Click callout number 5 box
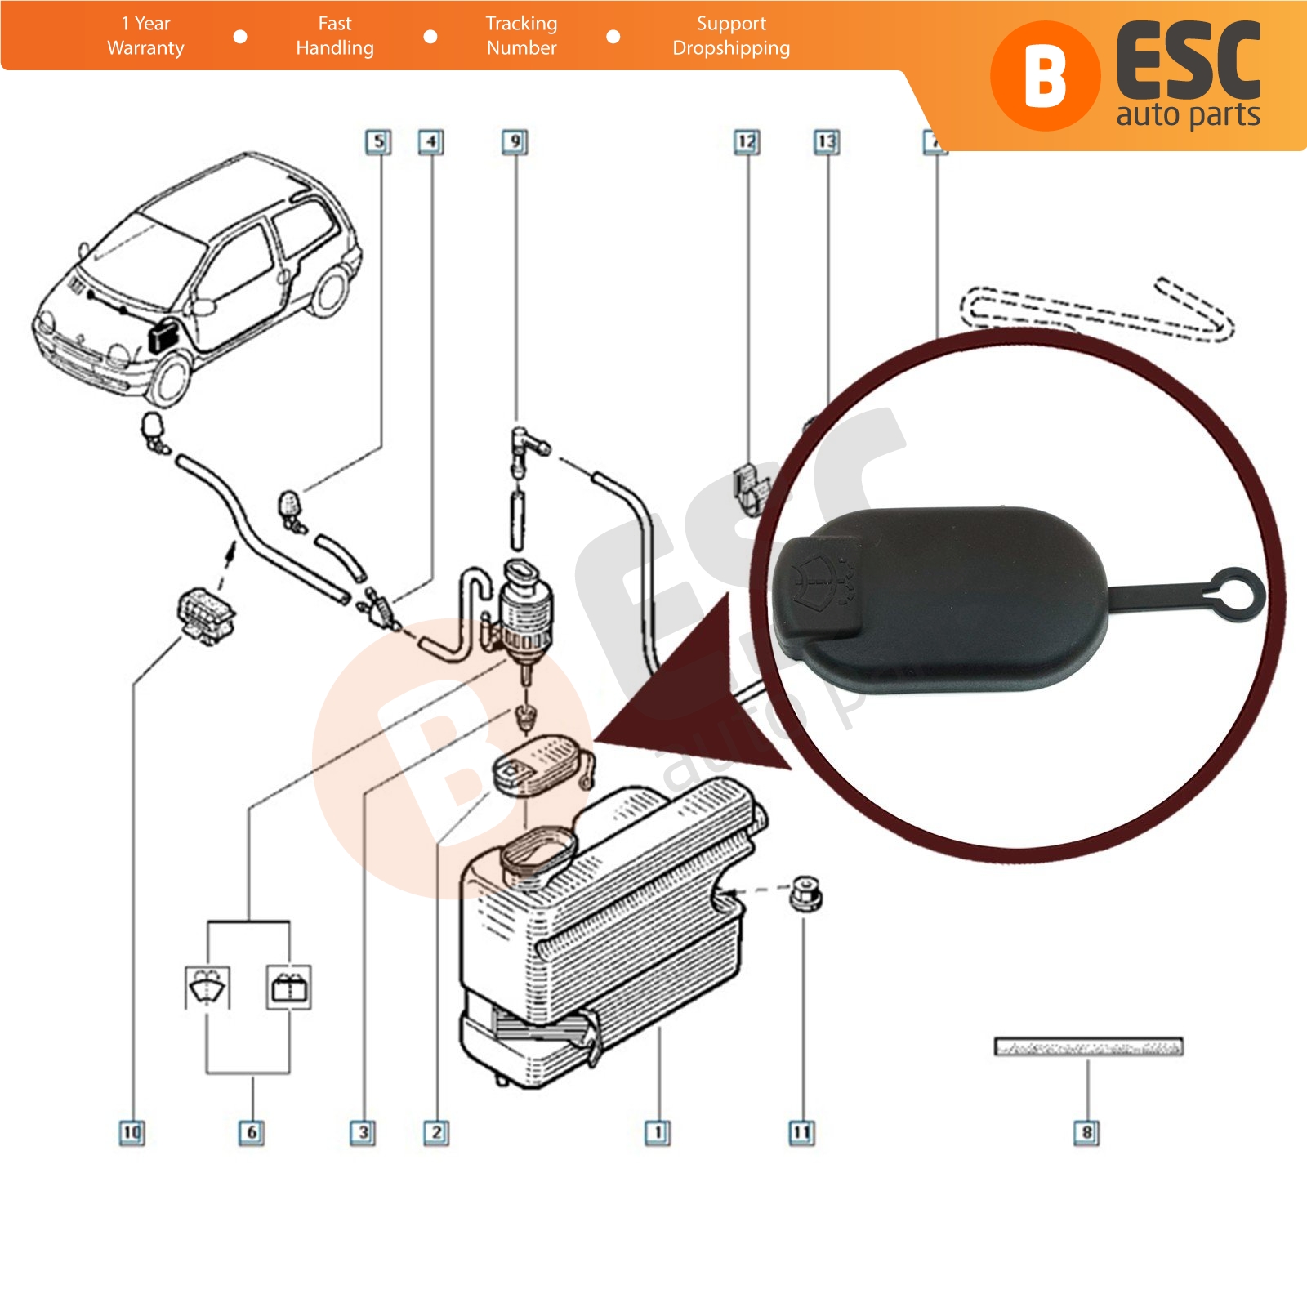point(377,142)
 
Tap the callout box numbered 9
point(515,142)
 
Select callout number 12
point(747,142)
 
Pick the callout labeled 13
point(827,142)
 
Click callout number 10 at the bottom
point(132,1132)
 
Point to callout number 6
point(252,1132)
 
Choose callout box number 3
point(363,1132)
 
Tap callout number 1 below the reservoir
point(658,1132)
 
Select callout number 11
point(801,1132)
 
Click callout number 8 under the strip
point(1086,1132)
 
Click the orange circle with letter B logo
point(1046,76)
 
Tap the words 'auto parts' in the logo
point(1188,114)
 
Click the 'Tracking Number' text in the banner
point(521,36)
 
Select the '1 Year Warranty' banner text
point(145,36)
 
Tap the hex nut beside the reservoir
point(805,894)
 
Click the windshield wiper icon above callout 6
point(207,987)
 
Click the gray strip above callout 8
point(1088,1046)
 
